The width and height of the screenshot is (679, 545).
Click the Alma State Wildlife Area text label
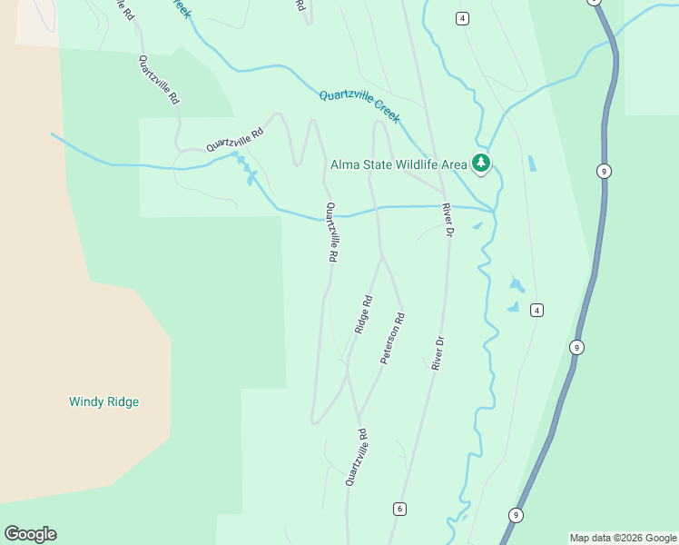click(x=398, y=164)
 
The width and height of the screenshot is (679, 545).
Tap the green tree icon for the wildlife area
click(x=480, y=164)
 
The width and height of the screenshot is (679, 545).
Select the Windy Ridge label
click(x=104, y=401)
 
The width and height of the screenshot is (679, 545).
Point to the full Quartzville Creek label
click(x=359, y=106)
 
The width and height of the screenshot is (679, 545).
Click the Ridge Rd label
click(x=363, y=314)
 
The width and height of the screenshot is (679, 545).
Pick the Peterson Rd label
click(x=392, y=339)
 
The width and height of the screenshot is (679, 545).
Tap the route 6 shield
click(x=399, y=509)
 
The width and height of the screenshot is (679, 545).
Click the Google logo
click(x=30, y=534)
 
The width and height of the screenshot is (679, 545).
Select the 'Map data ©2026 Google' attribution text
click(x=623, y=538)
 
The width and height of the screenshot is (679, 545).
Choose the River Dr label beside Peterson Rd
click(x=438, y=353)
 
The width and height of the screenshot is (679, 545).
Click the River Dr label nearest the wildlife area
click(x=447, y=220)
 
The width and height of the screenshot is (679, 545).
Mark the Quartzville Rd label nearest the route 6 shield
click(x=356, y=458)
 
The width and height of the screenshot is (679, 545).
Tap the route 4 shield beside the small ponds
click(x=537, y=311)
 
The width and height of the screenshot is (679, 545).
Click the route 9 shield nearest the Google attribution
click(x=516, y=515)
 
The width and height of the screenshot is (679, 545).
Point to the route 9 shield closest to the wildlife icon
click(x=603, y=171)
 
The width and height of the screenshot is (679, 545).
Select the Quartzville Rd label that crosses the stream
click(x=332, y=233)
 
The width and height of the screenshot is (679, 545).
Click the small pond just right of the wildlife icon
click(x=531, y=164)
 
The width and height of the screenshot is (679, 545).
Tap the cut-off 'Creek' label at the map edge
click(x=182, y=9)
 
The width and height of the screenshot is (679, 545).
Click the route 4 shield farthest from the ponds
click(x=463, y=19)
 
